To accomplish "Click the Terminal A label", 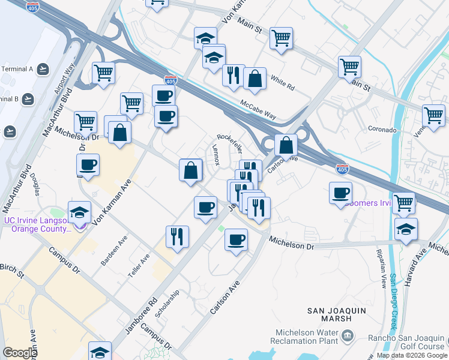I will pos(16,69).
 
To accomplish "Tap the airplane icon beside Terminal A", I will pos(43,70).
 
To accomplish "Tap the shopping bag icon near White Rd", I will pos(255,79).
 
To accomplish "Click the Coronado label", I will pos(382,130).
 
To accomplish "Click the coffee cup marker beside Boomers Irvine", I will pos(340,194).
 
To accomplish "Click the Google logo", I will pos(19,353).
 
